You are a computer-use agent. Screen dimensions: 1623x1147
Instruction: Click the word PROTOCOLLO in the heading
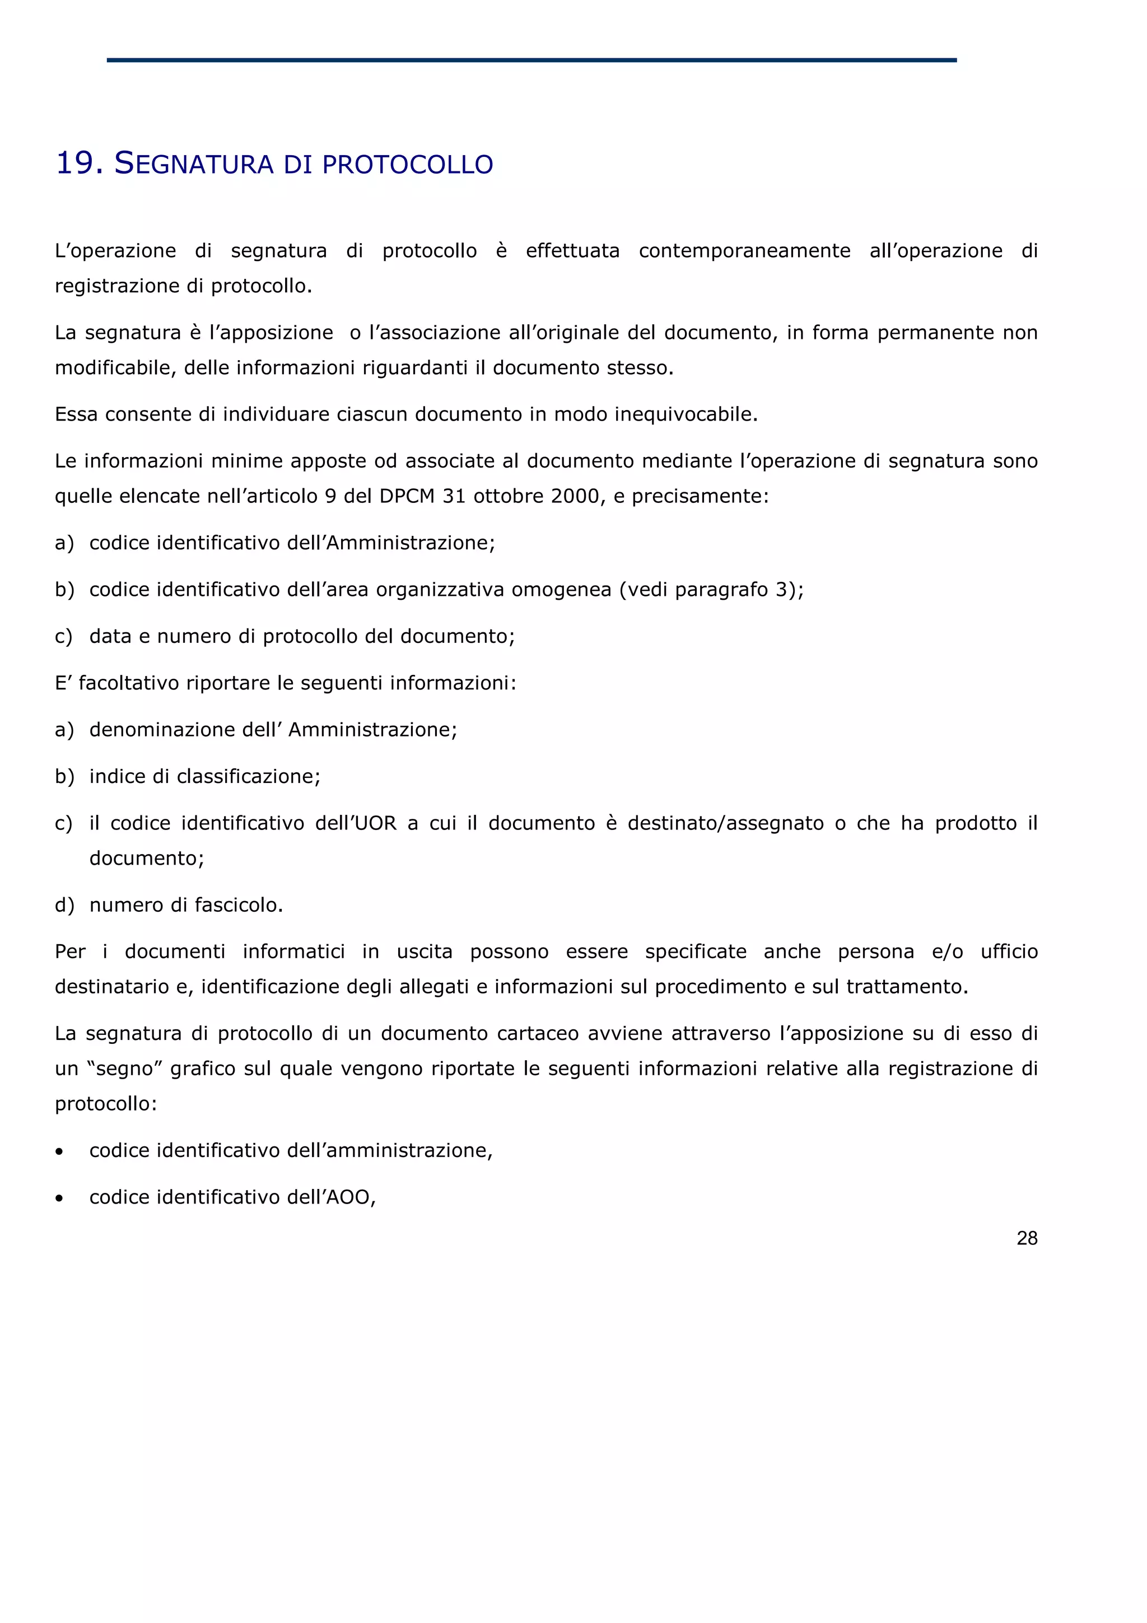(408, 165)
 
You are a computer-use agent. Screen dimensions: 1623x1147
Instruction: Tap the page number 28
(1026, 1238)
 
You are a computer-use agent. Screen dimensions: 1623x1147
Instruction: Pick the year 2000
(575, 496)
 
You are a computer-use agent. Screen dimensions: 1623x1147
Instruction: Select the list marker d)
(64, 905)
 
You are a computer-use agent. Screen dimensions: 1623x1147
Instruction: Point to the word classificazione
(248, 777)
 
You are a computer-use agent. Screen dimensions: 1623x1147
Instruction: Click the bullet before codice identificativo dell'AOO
(59, 1198)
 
